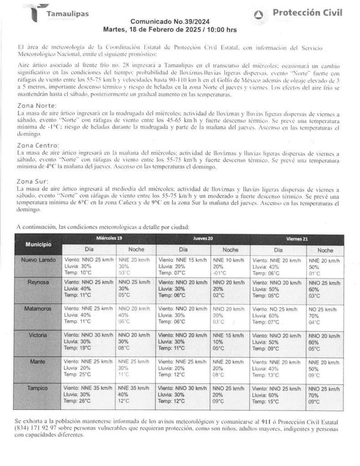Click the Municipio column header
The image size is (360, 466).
coord(38,245)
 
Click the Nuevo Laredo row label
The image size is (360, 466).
coord(39,260)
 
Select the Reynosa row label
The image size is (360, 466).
coord(38,282)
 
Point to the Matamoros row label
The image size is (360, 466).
coord(38,308)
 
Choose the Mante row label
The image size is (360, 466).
coord(38,361)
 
